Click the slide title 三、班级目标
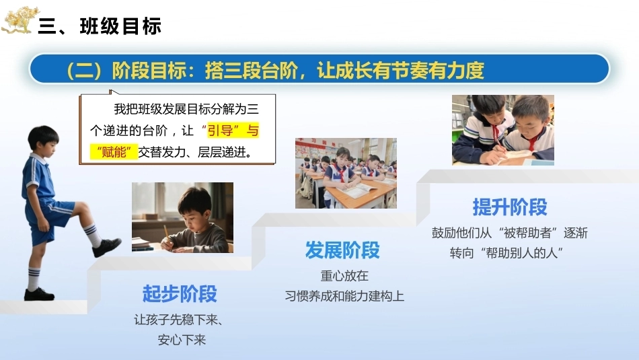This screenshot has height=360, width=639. coord(100,26)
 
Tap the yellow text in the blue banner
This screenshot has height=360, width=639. coord(276,70)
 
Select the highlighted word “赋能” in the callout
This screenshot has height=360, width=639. coord(114,152)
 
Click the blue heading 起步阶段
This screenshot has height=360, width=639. coord(180,293)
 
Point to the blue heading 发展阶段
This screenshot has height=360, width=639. coord(343,250)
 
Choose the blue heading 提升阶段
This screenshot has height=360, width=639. coord(510,207)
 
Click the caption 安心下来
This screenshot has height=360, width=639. coord(182,340)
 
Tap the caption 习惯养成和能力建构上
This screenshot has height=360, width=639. coord(344,296)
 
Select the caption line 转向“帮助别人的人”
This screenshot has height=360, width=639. coord(506,253)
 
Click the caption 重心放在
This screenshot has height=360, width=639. coord(344,276)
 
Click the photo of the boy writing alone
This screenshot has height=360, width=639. coord(182,217)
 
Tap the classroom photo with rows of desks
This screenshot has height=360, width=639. coord(346,173)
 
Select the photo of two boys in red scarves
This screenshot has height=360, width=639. coord(503,130)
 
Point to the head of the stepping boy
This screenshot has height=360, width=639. coord(43,139)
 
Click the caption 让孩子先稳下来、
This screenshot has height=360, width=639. coord(178,320)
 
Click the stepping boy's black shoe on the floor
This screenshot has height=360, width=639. coord(39,294)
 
